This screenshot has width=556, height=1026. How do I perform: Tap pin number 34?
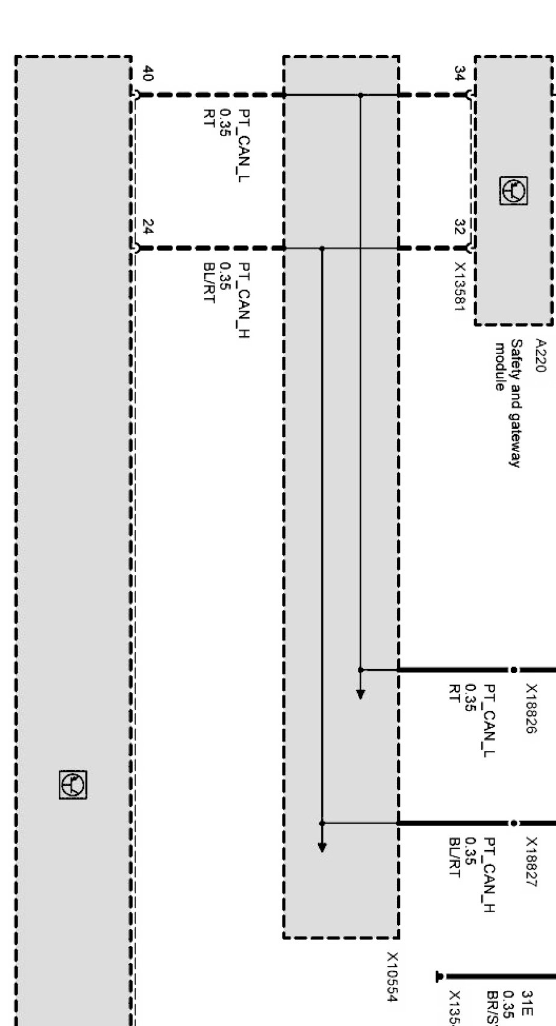460,74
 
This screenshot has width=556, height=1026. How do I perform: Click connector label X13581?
460,287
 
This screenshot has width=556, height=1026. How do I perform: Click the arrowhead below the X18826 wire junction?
360,694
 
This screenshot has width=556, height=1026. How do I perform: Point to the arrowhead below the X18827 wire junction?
322,847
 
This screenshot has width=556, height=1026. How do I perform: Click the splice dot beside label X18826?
513,670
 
